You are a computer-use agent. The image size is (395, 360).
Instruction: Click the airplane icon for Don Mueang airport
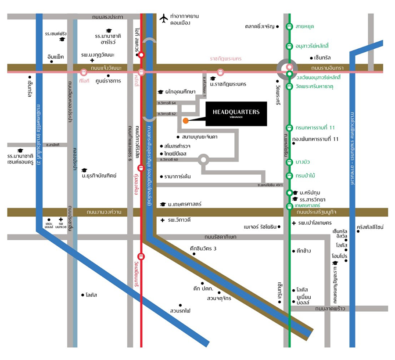[x=164, y=18]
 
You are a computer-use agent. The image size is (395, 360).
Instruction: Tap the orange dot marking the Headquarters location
[x=186, y=120]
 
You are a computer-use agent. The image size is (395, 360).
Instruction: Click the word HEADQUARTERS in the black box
[x=236, y=112]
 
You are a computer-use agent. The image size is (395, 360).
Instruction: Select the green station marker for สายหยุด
[x=289, y=27]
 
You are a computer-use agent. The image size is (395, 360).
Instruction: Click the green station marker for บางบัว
[x=289, y=162]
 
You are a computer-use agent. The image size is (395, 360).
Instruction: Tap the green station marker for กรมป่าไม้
[x=289, y=176]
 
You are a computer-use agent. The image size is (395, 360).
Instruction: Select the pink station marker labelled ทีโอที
[x=84, y=72]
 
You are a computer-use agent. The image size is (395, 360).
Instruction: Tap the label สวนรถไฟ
[x=180, y=311]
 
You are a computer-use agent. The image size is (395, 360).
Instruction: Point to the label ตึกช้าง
[x=304, y=251]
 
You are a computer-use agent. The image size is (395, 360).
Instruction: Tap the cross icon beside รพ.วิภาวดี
[x=162, y=220]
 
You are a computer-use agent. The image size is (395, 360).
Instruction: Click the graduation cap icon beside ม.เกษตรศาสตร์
[x=162, y=204]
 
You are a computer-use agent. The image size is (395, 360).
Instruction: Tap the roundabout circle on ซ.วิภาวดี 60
[x=203, y=159]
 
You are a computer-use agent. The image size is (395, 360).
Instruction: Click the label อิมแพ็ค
[x=56, y=57]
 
